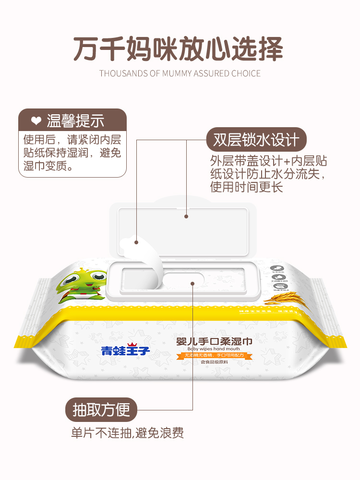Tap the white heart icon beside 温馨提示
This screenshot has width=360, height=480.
pos(36,120)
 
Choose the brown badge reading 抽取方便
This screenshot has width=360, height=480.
pos(101,410)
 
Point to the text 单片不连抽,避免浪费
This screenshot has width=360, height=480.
pos(127,433)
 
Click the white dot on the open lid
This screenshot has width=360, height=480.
pos(186,216)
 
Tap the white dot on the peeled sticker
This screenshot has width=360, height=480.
pos(136,242)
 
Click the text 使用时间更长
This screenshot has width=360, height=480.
pos(246,187)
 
